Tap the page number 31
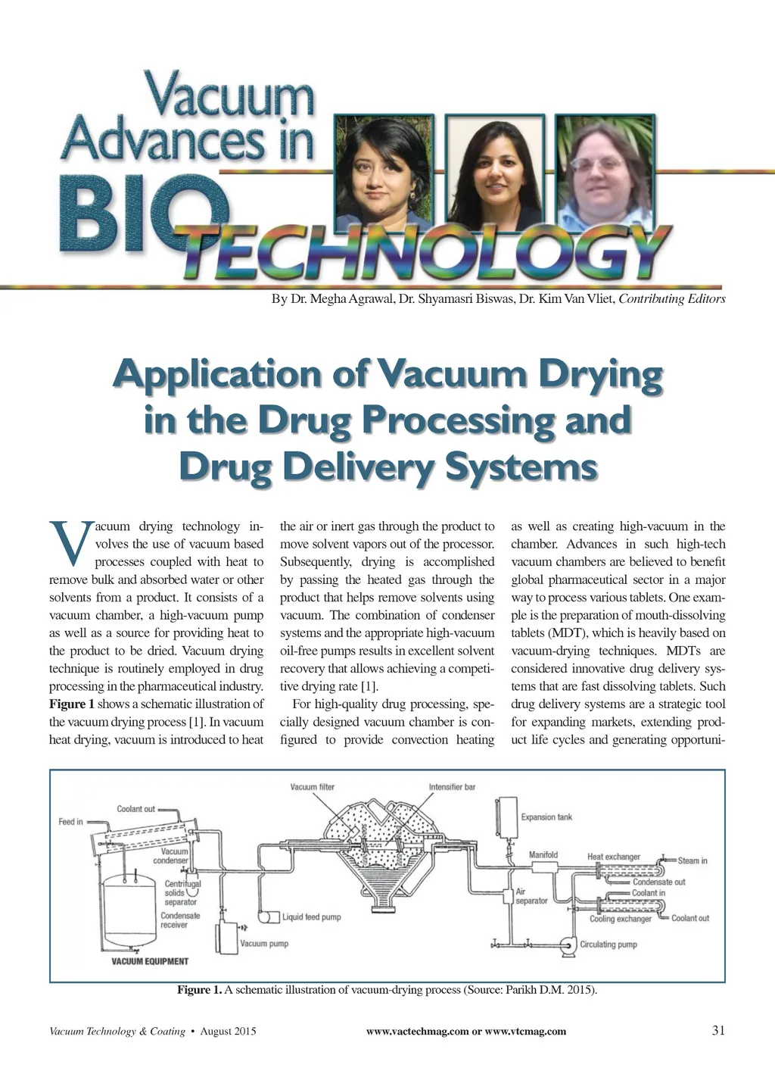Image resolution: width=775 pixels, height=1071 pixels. pos(718,1030)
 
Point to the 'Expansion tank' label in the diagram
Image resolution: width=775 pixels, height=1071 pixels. pos(546,817)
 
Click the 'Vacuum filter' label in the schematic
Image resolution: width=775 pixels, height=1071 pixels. pos(312,787)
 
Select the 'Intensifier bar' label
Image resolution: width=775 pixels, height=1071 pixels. pos(452,787)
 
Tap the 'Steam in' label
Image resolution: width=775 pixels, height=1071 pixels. pos(692,860)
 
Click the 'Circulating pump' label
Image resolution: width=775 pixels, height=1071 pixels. pos(608,945)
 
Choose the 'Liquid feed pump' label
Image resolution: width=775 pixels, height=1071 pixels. pos(311,917)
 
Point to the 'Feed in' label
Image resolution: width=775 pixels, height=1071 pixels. pos(71,821)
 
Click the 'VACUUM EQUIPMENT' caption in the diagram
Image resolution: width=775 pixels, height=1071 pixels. pos(150,961)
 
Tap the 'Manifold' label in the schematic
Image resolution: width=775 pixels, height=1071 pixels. pos(543,854)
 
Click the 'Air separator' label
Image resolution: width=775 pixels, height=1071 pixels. pos(531,896)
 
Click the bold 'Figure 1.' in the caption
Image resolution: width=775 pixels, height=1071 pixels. pos(200,990)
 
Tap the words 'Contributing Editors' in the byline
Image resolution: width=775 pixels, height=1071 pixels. pos(672,298)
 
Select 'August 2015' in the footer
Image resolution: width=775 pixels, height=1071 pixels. pos(228,1031)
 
